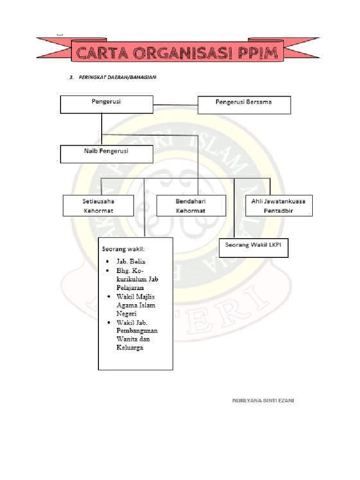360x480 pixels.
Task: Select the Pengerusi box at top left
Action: [106, 104]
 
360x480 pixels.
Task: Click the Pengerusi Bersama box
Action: [244, 105]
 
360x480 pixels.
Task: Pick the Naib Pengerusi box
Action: [106, 154]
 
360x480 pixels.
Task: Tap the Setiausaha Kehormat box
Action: [98, 206]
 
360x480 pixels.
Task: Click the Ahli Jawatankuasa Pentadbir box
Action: [279, 206]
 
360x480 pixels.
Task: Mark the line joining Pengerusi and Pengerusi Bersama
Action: [175, 104]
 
